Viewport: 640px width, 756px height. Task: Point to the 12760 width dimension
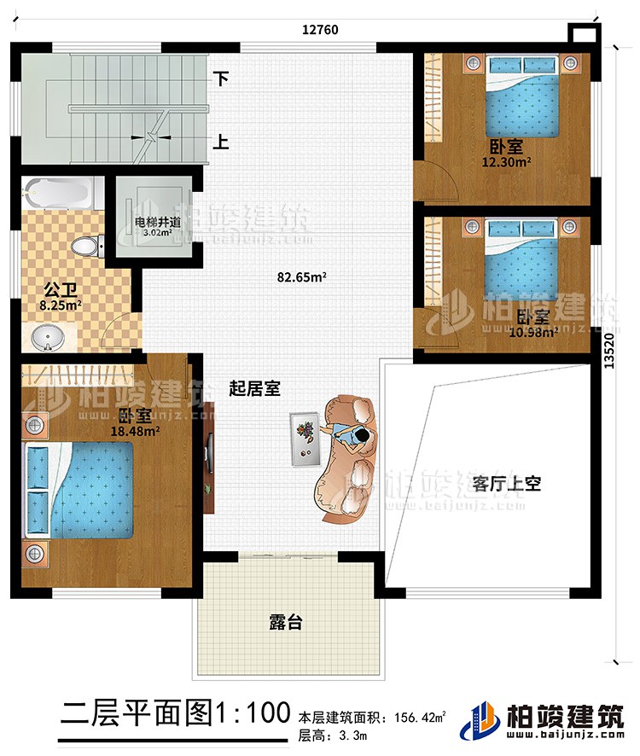click(x=320, y=28)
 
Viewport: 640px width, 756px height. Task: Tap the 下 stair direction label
click(x=221, y=79)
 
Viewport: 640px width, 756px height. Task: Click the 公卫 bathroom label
click(x=55, y=286)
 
